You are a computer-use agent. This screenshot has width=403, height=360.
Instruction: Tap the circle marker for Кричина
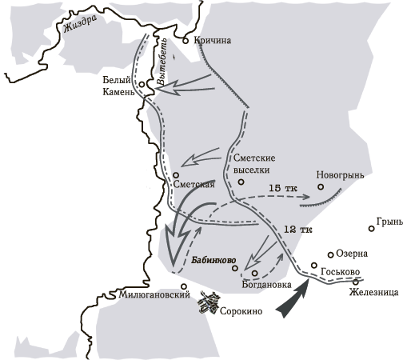tap(186, 39)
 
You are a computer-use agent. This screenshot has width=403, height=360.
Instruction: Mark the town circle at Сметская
tap(175, 174)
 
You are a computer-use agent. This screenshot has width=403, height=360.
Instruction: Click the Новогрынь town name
tap(340, 174)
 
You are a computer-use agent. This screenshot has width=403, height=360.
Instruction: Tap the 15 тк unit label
tap(283, 189)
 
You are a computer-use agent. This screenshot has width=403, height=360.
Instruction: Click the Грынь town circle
tap(372, 229)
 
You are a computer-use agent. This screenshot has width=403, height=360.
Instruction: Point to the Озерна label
tap(352, 254)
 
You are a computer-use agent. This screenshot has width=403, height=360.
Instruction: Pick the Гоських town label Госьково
tap(340, 273)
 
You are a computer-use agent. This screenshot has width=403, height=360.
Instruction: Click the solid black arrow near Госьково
tap(292, 295)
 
